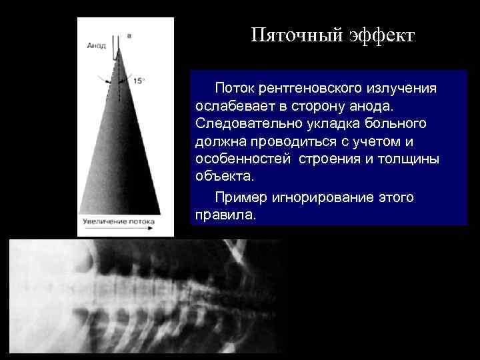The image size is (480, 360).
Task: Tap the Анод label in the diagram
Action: pos(96,45)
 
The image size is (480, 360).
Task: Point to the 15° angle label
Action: pos(139,81)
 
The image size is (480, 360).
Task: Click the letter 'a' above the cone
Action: pos(128,35)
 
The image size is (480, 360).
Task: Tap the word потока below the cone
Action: pos(141,220)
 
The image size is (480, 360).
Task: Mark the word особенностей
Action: pos(243,160)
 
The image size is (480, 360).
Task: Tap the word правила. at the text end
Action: pos(225,215)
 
